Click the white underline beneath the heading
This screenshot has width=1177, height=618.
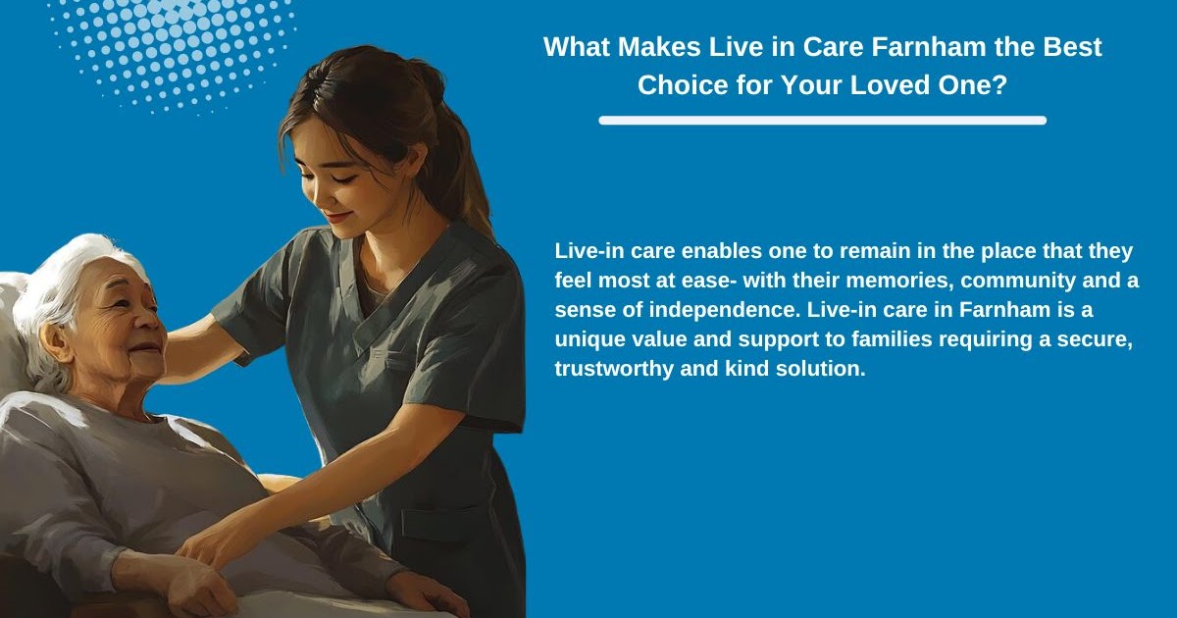[x=822, y=121]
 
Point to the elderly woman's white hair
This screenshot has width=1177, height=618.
[x=59, y=284]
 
